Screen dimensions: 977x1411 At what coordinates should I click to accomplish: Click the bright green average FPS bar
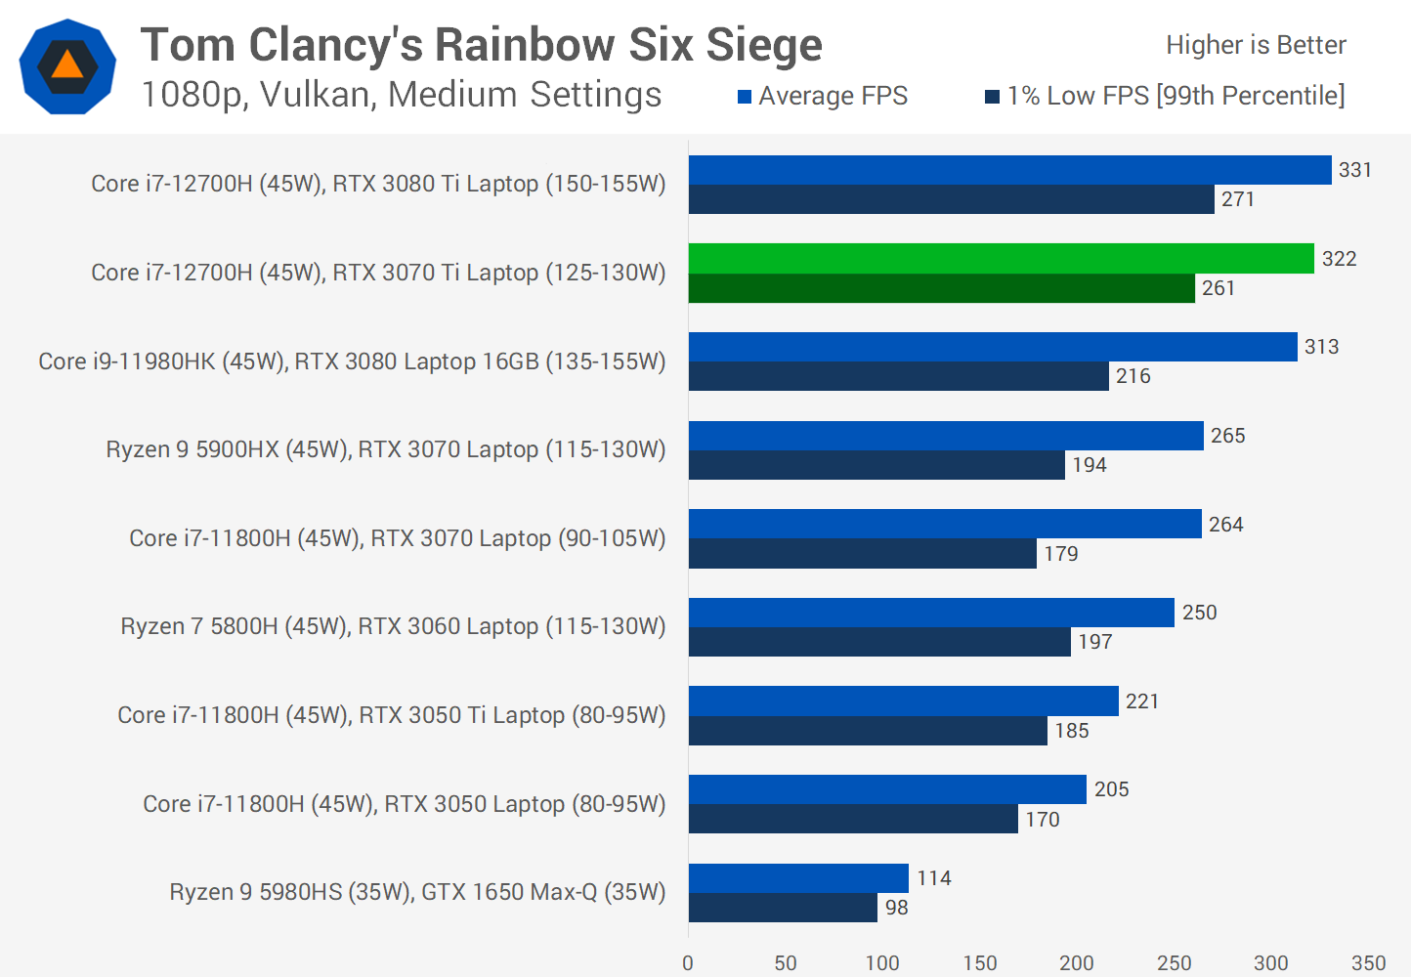click(1001, 258)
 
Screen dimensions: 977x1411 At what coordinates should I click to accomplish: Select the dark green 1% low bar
click(941, 288)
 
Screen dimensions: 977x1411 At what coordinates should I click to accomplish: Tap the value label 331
click(1355, 170)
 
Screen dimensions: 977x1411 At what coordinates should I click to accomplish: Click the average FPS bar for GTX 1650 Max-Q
click(798, 877)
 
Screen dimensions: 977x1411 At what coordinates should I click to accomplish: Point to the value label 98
click(896, 908)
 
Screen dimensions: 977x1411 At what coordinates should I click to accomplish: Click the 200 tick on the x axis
click(1077, 963)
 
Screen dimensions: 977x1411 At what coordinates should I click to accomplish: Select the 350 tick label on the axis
click(1368, 963)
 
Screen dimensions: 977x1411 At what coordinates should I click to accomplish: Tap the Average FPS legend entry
click(823, 96)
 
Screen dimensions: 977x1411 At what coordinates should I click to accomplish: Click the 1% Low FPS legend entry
click(1165, 96)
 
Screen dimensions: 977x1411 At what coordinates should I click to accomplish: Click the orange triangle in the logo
click(67, 65)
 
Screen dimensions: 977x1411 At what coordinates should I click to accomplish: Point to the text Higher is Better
click(1256, 45)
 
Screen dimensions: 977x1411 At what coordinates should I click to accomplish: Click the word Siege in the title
click(764, 46)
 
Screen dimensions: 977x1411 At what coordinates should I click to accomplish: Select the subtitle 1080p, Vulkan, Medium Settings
click(402, 95)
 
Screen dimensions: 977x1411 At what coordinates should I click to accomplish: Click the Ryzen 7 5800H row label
click(393, 626)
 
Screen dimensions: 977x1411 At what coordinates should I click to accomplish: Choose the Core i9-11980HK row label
click(352, 361)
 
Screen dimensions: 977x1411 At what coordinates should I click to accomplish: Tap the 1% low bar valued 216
click(898, 376)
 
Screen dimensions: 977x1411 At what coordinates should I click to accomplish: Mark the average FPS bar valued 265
click(945, 436)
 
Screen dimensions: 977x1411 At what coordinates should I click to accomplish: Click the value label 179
click(1061, 554)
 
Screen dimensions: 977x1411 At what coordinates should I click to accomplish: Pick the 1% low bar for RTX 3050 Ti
click(868, 731)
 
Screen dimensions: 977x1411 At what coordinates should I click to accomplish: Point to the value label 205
click(1112, 789)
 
